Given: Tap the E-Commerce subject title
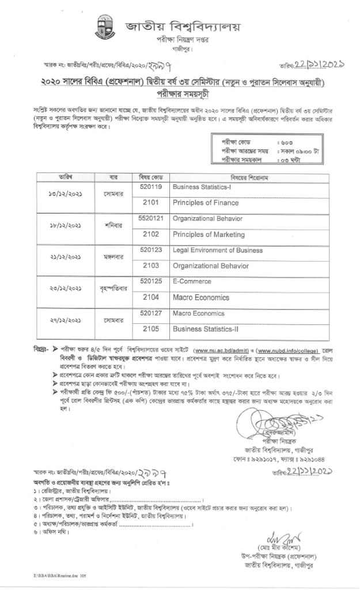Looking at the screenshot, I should pyautogui.click(x=190, y=282).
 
